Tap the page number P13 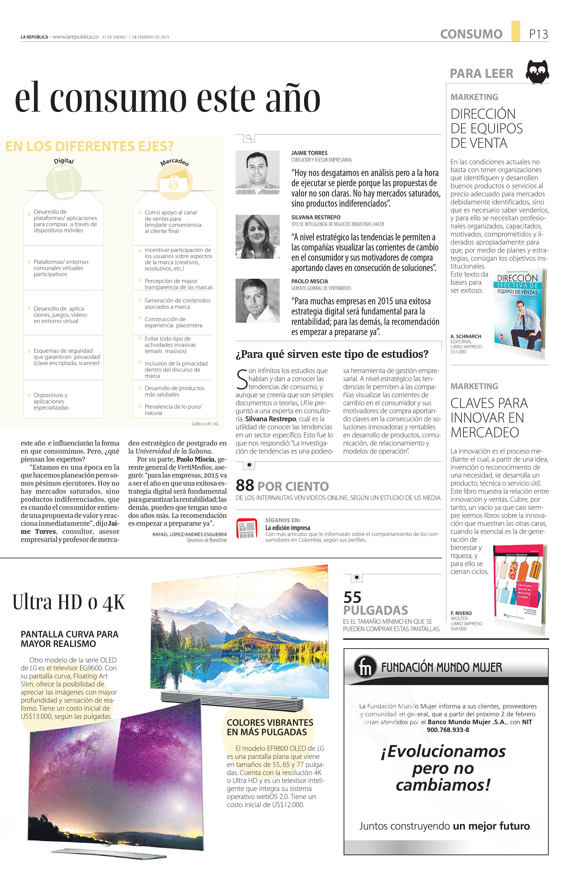click(538, 34)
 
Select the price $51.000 click(458, 352)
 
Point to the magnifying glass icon click(249, 138)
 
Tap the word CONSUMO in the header click(471, 34)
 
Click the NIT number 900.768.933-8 click(448, 730)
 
